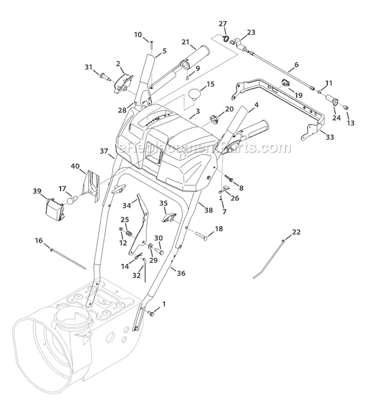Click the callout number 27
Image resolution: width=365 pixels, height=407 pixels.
tap(222, 23)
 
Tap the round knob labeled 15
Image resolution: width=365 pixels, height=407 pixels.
tap(195, 95)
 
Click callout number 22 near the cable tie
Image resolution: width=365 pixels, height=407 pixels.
tap(296, 232)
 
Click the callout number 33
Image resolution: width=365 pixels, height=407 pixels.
tap(330, 138)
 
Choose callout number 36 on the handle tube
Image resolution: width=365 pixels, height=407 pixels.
tap(181, 274)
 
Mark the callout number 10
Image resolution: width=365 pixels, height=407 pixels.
tap(138, 35)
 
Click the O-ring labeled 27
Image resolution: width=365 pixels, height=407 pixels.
tap(226, 38)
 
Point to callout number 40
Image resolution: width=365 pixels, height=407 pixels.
tap(75, 166)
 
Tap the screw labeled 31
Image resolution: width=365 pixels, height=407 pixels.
tap(104, 75)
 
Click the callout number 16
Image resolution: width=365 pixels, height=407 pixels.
tap(39, 240)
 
